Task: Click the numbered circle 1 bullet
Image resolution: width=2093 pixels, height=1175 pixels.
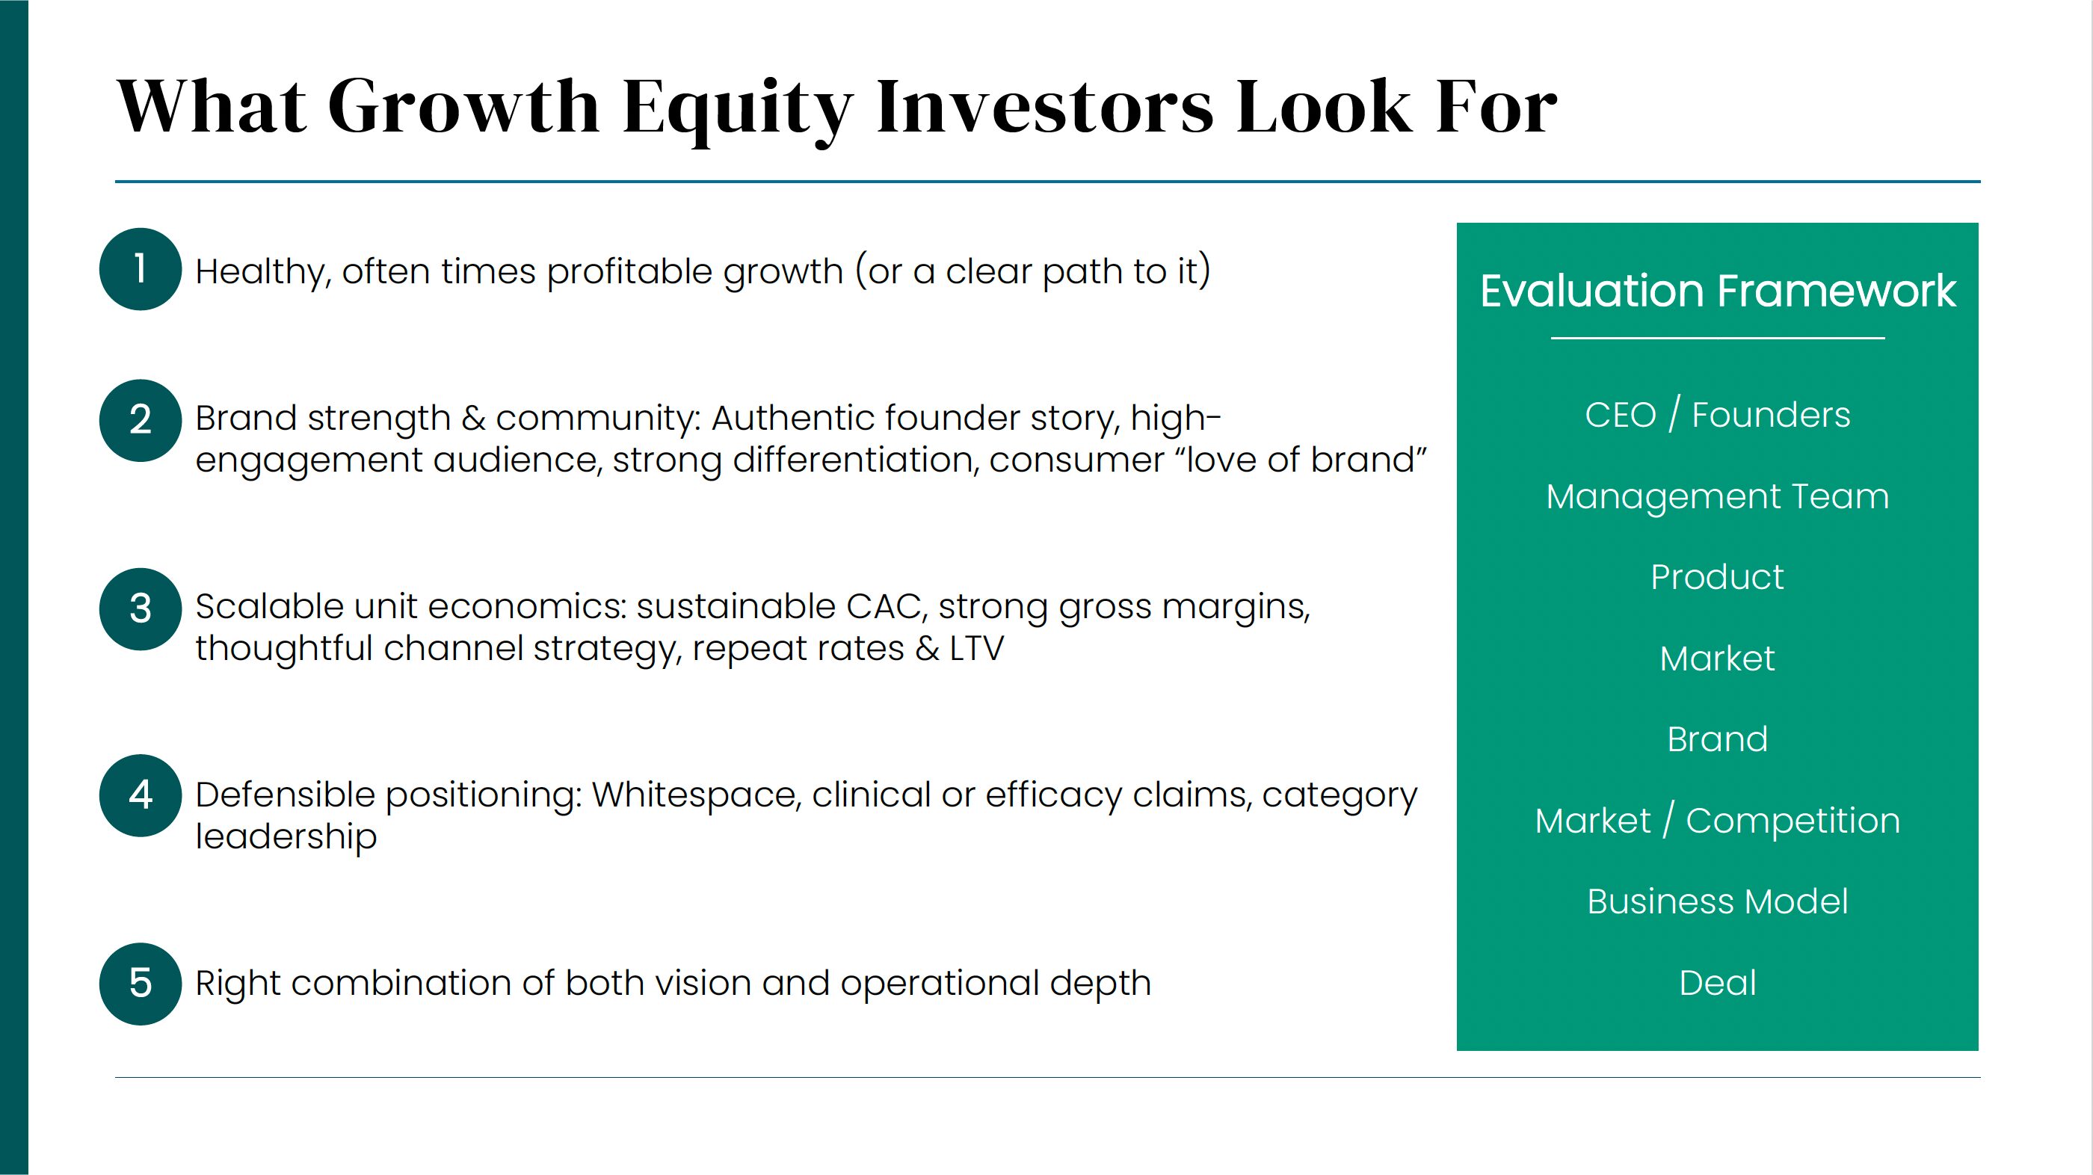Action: coord(141,269)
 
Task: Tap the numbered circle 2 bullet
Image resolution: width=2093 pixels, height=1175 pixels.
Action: coord(141,420)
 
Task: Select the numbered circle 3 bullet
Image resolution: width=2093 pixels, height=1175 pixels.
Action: coord(141,608)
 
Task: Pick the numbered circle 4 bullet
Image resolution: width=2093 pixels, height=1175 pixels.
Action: coord(141,795)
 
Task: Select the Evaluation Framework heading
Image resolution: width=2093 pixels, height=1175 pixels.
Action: coord(1718,290)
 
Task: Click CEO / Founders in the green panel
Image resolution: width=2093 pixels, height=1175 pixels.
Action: coord(1718,416)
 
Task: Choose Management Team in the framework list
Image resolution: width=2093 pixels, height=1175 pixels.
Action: coord(1718,496)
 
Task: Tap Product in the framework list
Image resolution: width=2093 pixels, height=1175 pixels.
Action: coord(1718,577)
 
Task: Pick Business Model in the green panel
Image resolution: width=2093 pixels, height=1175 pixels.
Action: coord(1718,901)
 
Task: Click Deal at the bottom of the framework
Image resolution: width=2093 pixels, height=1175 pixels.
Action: coord(1718,982)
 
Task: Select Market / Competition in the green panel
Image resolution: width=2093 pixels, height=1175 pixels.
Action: coord(1718,821)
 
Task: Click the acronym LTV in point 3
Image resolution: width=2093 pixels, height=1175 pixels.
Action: coord(977,649)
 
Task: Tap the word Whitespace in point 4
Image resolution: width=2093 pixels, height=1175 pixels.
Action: coord(697,795)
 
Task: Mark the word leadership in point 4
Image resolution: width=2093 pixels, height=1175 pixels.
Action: coord(286,837)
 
